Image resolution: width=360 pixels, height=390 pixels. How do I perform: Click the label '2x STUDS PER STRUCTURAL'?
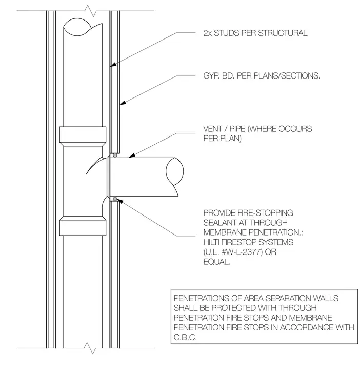(x=255, y=33)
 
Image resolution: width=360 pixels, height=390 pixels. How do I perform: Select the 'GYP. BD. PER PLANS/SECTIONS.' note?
(x=262, y=75)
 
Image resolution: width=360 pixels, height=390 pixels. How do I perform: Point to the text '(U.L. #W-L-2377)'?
(x=233, y=252)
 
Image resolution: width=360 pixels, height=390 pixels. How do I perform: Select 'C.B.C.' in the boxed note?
(x=185, y=337)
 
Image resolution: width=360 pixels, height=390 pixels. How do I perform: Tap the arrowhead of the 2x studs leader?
(x=113, y=65)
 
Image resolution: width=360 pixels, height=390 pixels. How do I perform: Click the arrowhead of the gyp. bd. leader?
(x=123, y=103)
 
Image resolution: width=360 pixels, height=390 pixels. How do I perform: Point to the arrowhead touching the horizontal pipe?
(x=132, y=155)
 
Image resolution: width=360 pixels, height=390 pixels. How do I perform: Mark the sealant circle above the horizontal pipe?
(x=115, y=155)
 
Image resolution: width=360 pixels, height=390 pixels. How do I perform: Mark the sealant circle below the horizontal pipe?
(x=115, y=199)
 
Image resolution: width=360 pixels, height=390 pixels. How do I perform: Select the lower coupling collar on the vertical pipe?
(x=83, y=226)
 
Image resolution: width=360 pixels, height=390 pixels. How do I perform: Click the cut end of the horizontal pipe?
(x=174, y=171)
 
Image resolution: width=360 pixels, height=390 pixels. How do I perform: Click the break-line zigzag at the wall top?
(x=90, y=11)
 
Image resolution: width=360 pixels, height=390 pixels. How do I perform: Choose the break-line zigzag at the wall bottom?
(x=90, y=348)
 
